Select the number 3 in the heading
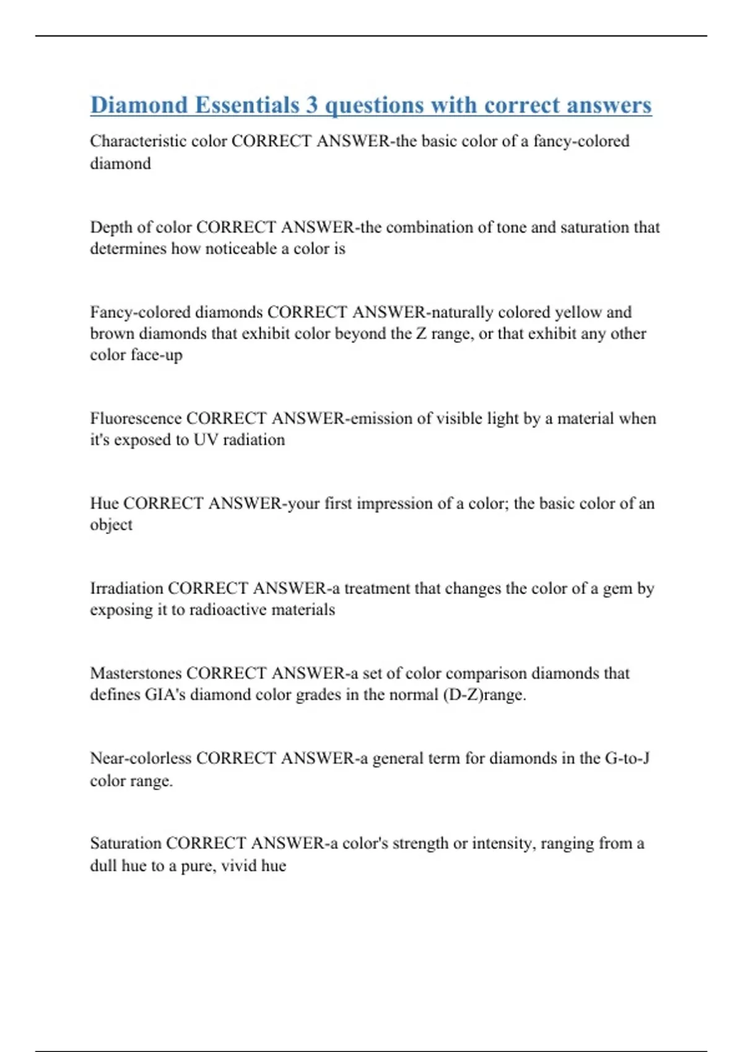(x=311, y=105)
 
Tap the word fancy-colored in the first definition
(x=581, y=141)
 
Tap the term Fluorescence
(x=136, y=418)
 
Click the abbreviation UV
(x=204, y=440)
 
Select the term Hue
(x=104, y=503)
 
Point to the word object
(x=111, y=525)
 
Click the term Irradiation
(x=126, y=588)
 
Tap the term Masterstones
(x=136, y=673)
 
